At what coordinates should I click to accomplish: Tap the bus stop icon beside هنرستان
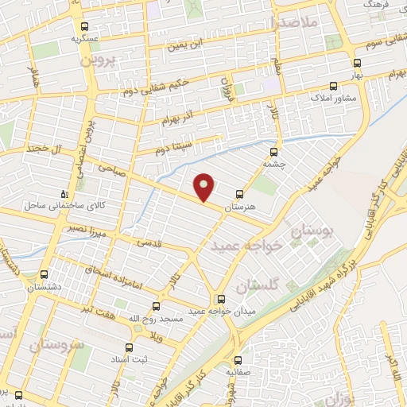(x=240, y=194)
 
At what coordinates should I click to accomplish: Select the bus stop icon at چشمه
(x=275, y=150)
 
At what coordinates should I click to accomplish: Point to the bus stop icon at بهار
(x=356, y=62)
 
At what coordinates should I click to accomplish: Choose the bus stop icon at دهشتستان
(x=45, y=273)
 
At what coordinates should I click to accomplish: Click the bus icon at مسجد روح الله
(x=156, y=306)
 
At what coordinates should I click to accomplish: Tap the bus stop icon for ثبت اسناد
(x=130, y=347)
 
